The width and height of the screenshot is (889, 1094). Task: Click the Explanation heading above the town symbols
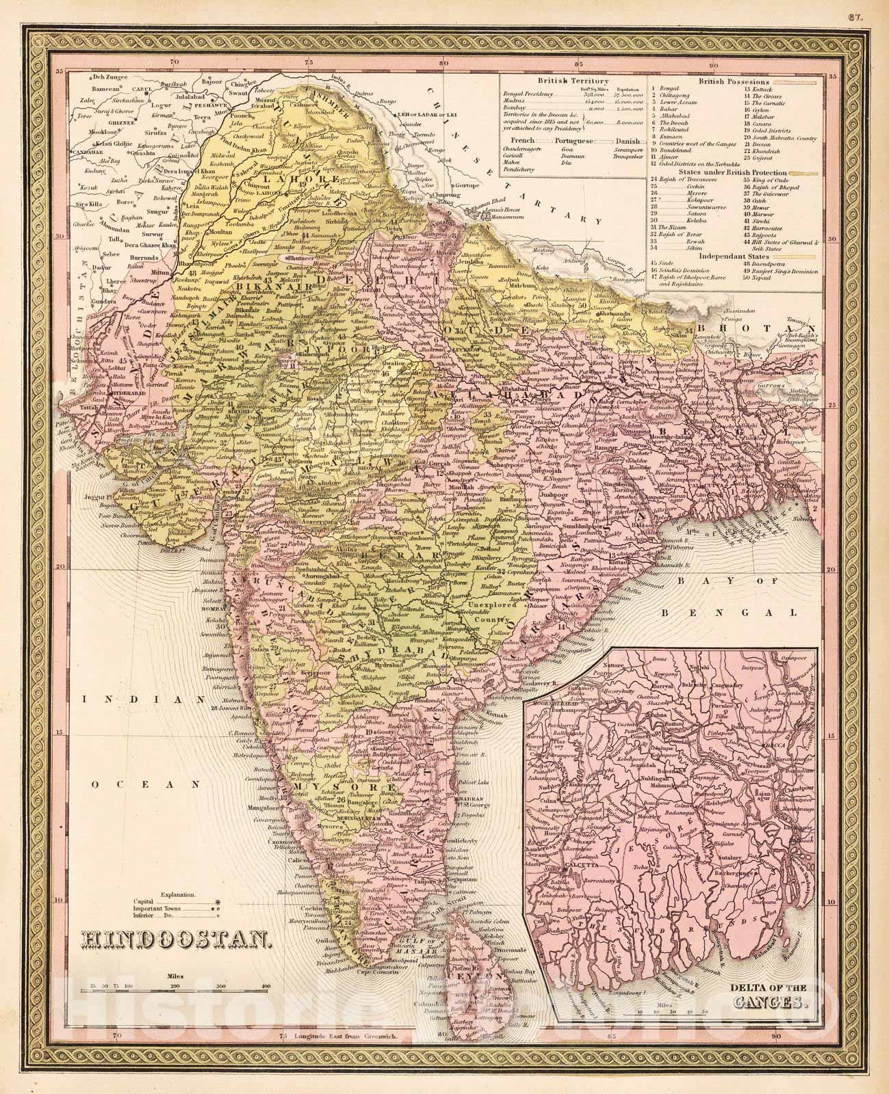point(178,894)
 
